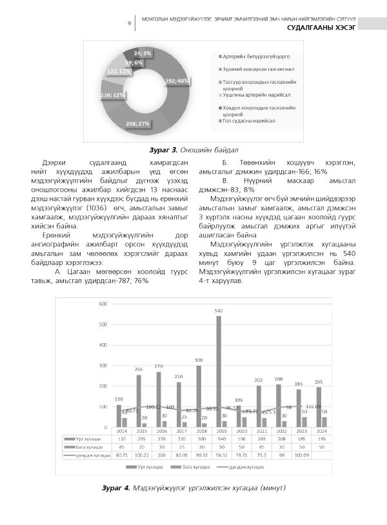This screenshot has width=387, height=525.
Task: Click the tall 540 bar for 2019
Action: point(219,371)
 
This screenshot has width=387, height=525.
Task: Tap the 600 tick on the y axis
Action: point(103,304)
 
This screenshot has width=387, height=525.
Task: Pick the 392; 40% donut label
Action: point(177,81)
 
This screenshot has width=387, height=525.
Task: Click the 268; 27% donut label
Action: point(139,123)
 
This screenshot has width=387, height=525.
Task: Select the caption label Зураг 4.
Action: point(117,487)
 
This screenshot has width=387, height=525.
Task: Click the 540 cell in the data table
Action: point(219,438)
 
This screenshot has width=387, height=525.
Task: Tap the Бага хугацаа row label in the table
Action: point(85,446)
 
